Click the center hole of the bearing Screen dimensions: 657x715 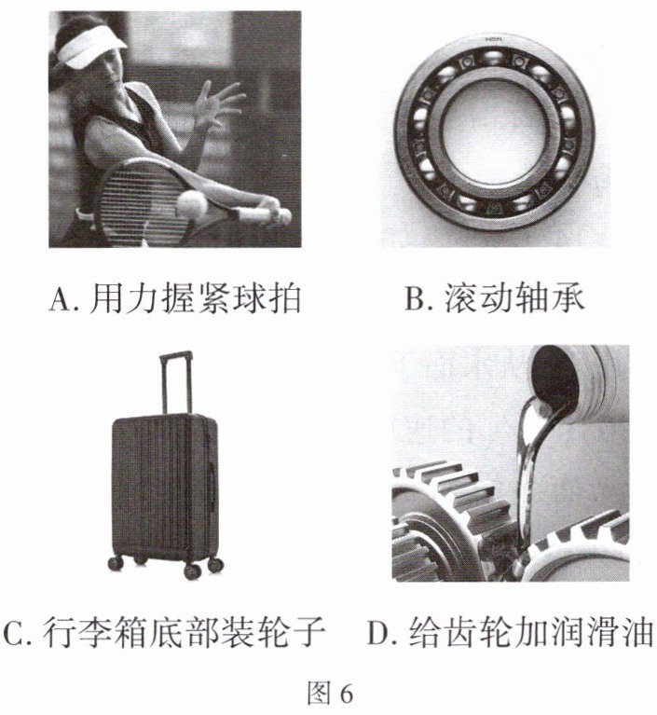point(494,135)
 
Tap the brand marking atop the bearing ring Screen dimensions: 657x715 point(493,40)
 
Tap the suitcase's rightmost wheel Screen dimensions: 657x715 point(215,565)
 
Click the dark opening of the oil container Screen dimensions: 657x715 point(554,375)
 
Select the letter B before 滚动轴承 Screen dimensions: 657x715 point(416,299)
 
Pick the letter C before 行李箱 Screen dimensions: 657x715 point(14,633)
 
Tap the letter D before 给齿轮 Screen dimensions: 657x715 point(378,633)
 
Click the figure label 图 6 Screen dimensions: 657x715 point(329,694)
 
